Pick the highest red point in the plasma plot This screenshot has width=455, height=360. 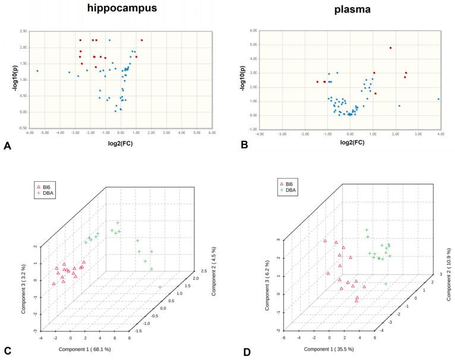click(390, 48)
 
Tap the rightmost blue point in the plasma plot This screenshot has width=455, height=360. click(438, 99)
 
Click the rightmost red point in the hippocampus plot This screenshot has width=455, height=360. click(142, 40)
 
